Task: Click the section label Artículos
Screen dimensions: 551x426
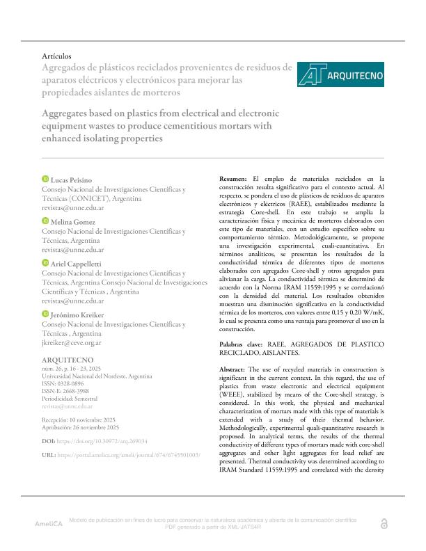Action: point(57,56)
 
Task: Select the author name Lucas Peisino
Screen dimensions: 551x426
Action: point(72,180)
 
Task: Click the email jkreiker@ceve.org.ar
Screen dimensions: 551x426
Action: point(72,343)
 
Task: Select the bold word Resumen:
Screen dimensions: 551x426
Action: point(233,179)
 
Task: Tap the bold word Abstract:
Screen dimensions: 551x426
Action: point(234,368)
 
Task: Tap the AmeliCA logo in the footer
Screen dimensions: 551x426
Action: point(49,522)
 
